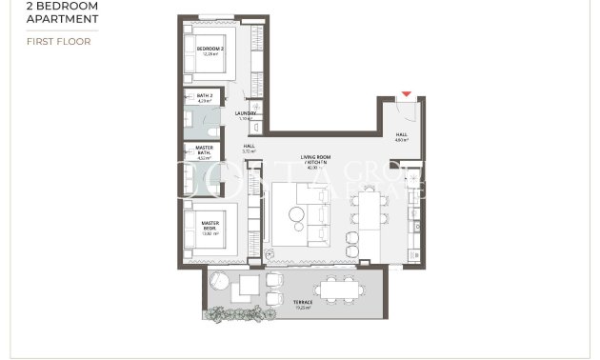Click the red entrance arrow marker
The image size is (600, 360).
407,94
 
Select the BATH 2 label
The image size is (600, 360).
203,97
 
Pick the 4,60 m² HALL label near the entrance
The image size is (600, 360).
401,137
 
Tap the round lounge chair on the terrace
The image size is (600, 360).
218,282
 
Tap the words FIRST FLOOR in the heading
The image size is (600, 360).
58,42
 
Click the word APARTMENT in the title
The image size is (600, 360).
62,17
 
